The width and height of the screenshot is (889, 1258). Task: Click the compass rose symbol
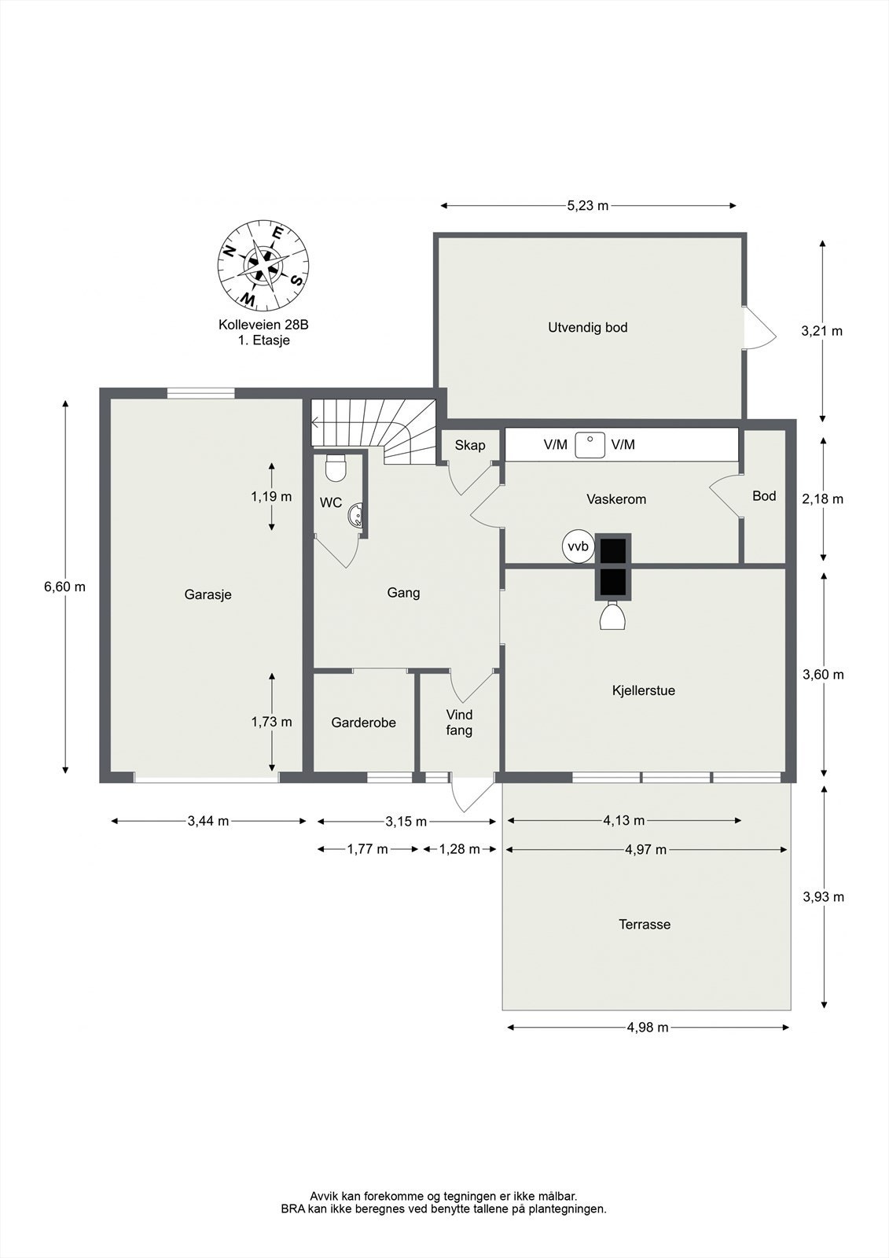(x=263, y=264)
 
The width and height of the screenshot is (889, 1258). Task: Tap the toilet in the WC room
(x=336, y=468)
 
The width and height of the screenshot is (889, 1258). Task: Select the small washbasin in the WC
(x=356, y=515)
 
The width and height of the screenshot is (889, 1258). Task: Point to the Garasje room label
(x=208, y=594)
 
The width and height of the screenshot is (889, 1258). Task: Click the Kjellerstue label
(x=644, y=691)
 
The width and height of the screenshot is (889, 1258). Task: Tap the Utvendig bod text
(x=587, y=327)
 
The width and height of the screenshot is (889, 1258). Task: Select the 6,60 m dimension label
(x=64, y=587)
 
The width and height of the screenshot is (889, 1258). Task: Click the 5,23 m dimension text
(x=587, y=205)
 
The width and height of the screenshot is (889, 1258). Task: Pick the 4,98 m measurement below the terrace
(x=648, y=1028)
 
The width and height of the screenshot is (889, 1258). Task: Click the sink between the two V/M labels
(x=590, y=445)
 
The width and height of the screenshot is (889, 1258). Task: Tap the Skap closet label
(x=470, y=446)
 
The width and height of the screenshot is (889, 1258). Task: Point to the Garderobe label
(x=363, y=723)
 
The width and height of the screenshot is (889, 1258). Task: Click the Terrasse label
(x=645, y=925)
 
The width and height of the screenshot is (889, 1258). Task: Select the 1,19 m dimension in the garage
(x=271, y=496)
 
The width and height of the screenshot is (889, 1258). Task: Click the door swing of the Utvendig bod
(x=760, y=328)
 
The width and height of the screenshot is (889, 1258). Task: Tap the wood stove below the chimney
(x=613, y=616)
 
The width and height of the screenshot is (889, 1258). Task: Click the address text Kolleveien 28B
(x=263, y=325)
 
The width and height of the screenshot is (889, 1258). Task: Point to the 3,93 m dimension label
(x=823, y=897)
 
